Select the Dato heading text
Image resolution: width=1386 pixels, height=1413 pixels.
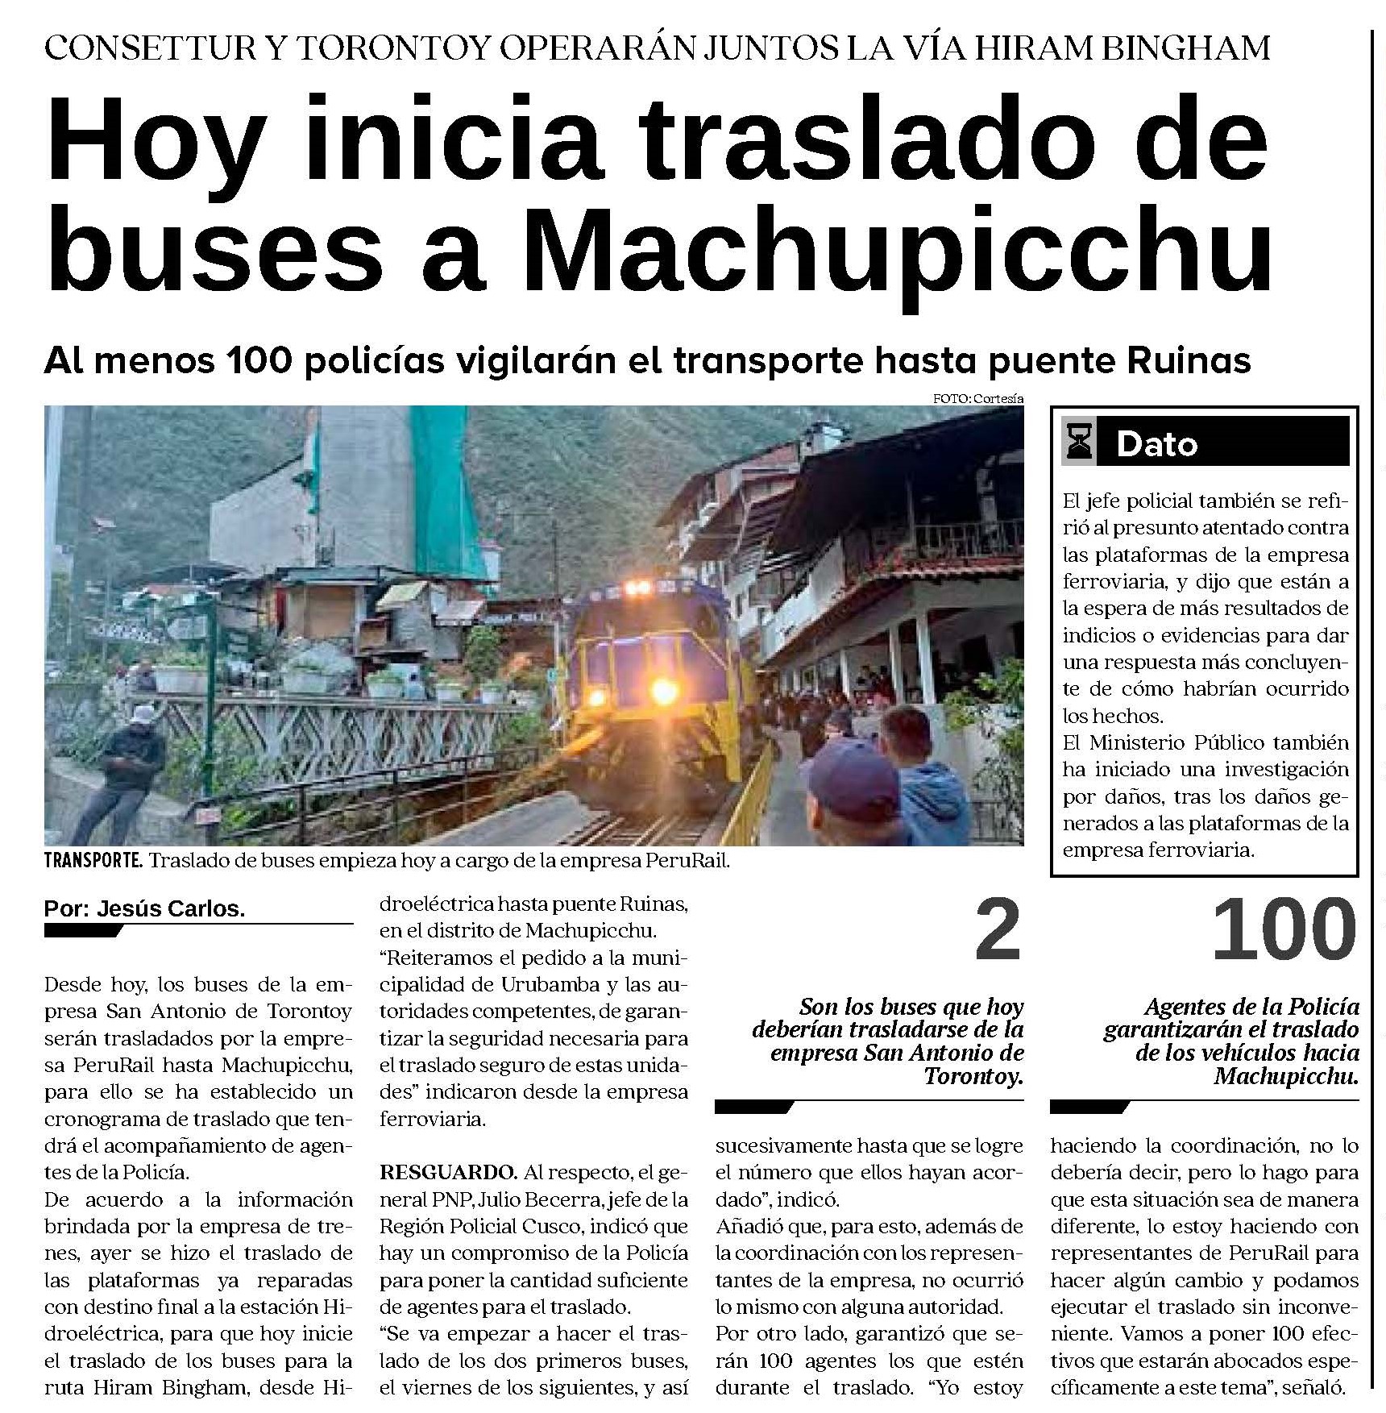coord(1157,444)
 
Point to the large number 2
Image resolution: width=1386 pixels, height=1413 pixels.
coord(998,931)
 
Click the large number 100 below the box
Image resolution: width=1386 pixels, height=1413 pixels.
coord(1284,931)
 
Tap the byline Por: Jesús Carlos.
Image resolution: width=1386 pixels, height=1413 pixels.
coord(144,908)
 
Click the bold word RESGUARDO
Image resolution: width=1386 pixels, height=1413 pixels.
coord(448,1172)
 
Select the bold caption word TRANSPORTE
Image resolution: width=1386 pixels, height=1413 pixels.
coord(93,860)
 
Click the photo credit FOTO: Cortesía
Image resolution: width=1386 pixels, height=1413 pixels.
coord(977,398)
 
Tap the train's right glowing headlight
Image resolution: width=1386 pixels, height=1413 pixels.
coord(664,691)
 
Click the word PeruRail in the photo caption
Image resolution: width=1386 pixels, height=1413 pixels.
coord(687,860)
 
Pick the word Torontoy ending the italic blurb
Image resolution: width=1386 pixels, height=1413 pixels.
coord(973,1076)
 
